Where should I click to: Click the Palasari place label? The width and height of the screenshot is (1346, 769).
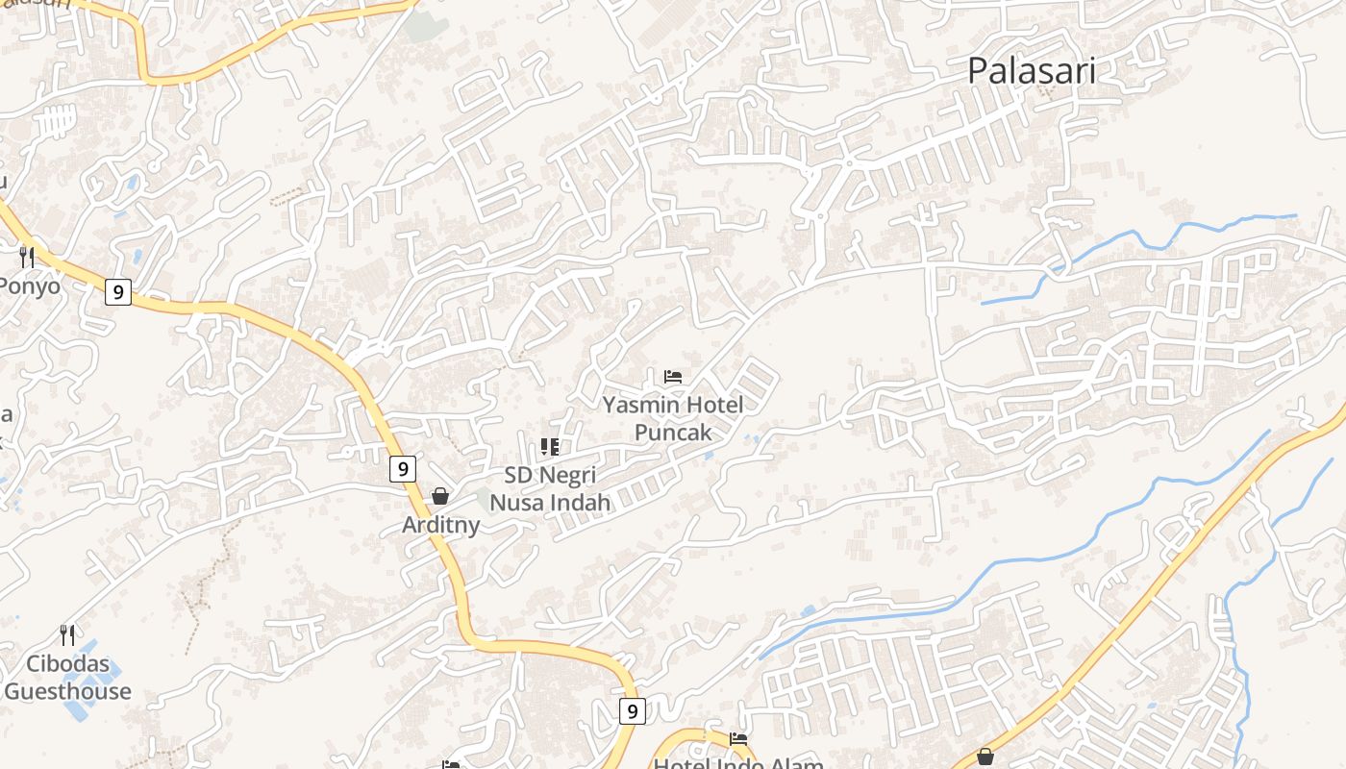coord(1031,70)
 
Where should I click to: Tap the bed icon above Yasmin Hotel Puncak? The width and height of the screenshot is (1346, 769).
coord(673,376)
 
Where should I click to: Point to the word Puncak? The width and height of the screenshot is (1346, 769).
coord(673,432)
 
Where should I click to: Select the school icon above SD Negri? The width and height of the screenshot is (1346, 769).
coord(550,447)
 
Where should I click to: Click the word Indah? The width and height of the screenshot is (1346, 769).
coord(577,502)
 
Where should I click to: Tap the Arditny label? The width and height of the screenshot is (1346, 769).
coord(440,526)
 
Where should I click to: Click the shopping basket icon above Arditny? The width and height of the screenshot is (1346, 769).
coord(440,496)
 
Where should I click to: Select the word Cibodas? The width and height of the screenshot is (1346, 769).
coord(67,664)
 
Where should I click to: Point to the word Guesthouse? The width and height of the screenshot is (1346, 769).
coord(67,691)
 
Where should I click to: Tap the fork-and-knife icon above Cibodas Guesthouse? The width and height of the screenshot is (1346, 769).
coord(67,634)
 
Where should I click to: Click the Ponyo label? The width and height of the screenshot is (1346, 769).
coord(29,285)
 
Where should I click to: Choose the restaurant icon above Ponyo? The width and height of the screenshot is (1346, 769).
coord(27,257)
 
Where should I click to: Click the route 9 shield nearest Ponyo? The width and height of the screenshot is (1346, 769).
coord(117,292)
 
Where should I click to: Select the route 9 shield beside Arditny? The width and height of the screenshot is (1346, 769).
coord(403,469)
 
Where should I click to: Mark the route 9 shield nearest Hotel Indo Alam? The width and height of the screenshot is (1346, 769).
coord(631,711)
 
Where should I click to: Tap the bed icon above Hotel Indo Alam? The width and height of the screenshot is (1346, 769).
coord(738,738)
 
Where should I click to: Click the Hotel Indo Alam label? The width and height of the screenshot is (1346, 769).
coord(738,763)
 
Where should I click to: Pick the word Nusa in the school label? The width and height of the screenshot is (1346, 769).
coord(518,502)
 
